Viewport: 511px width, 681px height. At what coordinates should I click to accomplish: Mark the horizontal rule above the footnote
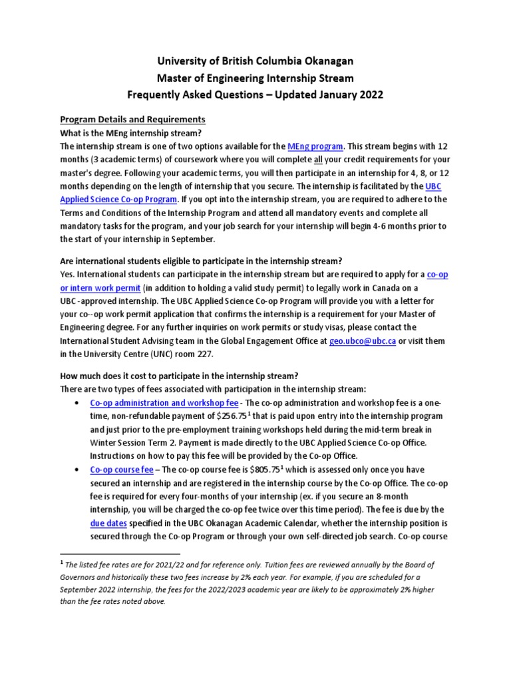120,553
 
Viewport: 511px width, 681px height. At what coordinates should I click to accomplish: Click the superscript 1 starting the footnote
62,562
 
